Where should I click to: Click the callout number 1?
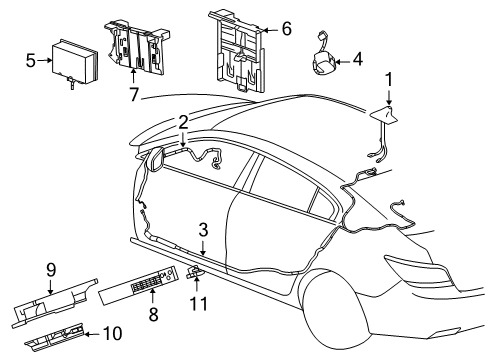[x=390, y=78]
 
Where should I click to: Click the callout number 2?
[x=183, y=121]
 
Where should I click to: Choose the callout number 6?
[x=286, y=29]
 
